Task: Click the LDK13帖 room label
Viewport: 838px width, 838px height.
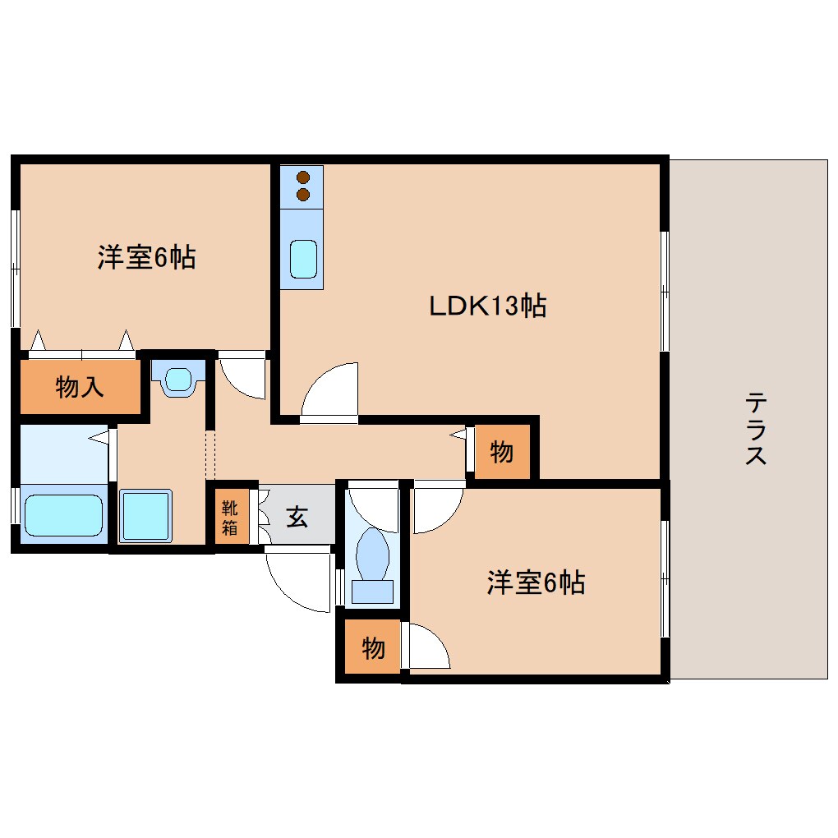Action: tap(487, 306)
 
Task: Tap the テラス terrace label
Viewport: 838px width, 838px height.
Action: tap(756, 429)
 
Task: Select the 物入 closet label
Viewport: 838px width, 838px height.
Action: tap(80, 387)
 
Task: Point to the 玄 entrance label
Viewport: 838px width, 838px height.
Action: tap(297, 518)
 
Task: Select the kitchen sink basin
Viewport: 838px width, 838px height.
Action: tap(302, 260)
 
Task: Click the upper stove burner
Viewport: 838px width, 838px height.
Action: tap(303, 177)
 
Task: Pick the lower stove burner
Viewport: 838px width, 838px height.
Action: tap(303, 194)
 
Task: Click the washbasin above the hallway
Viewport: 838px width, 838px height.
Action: tap(177, 380)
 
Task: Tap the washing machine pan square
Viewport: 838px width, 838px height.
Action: tap(146, 515)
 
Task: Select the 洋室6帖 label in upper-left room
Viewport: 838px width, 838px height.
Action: tap(146, 258)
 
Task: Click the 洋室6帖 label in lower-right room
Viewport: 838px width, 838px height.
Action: tap(536, 583)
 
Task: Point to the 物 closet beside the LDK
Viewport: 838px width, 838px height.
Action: tap(502, 451)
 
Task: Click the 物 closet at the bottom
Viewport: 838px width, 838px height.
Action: tap(373, 648)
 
